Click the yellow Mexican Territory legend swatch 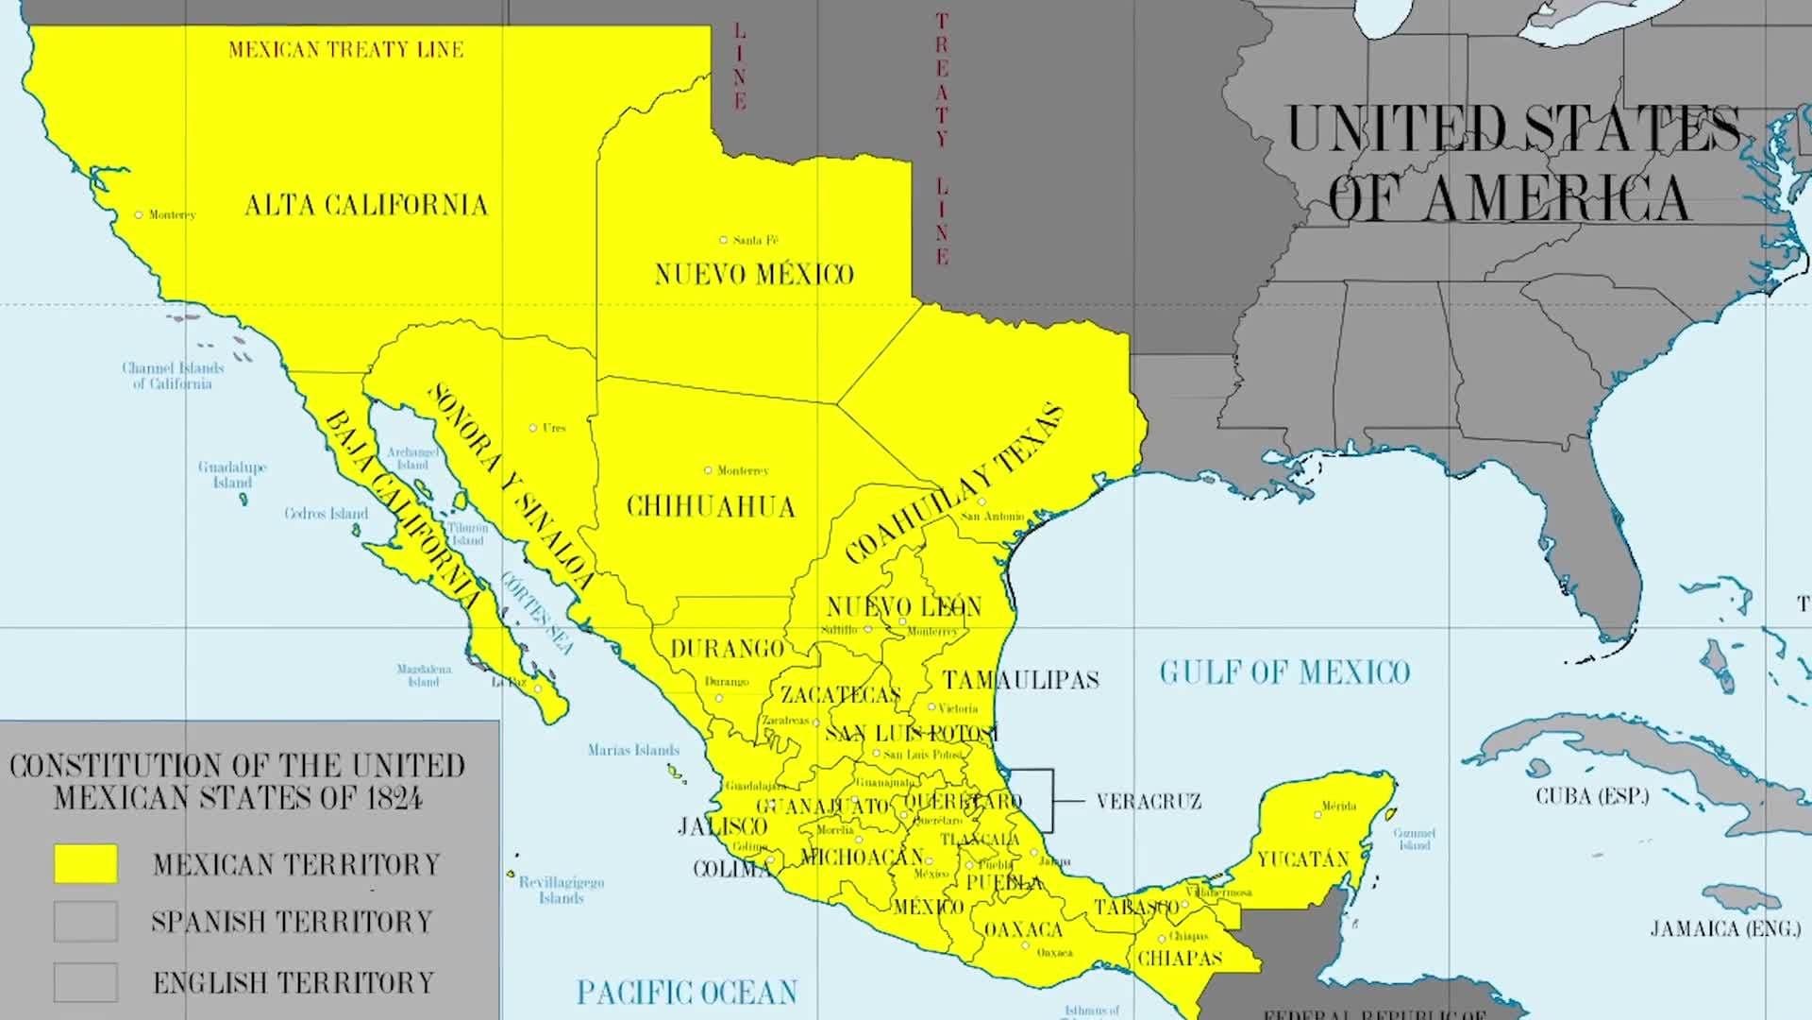pos(86,863)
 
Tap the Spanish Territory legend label pos(292,922)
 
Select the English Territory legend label pos(294,982)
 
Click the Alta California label pos(366,205)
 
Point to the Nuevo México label pos(753,274)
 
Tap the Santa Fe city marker pos(724,240)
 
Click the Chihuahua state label pos(711,507)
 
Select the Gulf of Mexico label pos(1283,672)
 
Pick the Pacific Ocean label pos(687,993)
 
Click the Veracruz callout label pos(1149,802)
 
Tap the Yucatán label pos(1302,859)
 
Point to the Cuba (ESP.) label pos(1592,796)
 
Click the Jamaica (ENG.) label pos(1725,929)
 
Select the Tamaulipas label pos(1021,680)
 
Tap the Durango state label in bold pos(727,649)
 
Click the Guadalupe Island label pos(232,474)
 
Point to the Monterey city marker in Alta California pos(139,215)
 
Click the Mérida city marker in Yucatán pos(1318,812)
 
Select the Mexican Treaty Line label pos(345,49)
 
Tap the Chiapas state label pos(1180,959)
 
